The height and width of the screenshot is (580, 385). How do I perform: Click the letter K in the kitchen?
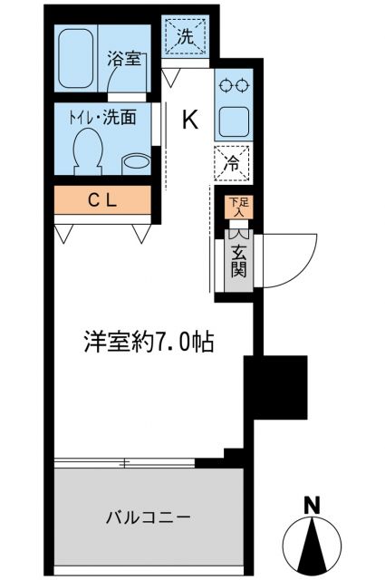pos(190,118)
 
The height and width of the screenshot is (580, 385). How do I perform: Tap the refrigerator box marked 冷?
pos(233,165)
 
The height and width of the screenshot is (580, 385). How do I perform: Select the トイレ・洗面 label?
pos(106,117)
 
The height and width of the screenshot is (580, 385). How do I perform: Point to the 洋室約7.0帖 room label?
pos(149,343)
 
